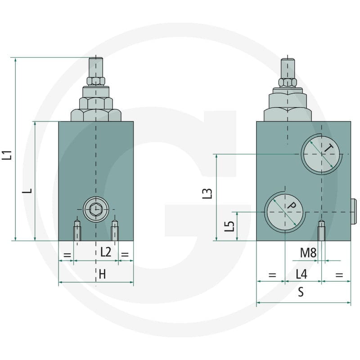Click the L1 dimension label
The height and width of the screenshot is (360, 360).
[7, 155]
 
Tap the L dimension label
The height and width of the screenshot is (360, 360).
[27, 190]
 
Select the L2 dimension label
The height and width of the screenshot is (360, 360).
[106, 252]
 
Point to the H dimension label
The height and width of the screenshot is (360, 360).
[102, 274]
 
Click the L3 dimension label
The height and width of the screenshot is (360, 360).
[207, 193]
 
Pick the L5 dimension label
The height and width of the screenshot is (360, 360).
[229, 226]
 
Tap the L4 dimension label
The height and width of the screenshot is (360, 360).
[301, 274]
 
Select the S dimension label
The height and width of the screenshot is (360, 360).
[301, 292]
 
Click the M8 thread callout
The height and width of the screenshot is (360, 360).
[308, 253]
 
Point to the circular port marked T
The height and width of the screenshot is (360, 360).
[321, 154]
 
